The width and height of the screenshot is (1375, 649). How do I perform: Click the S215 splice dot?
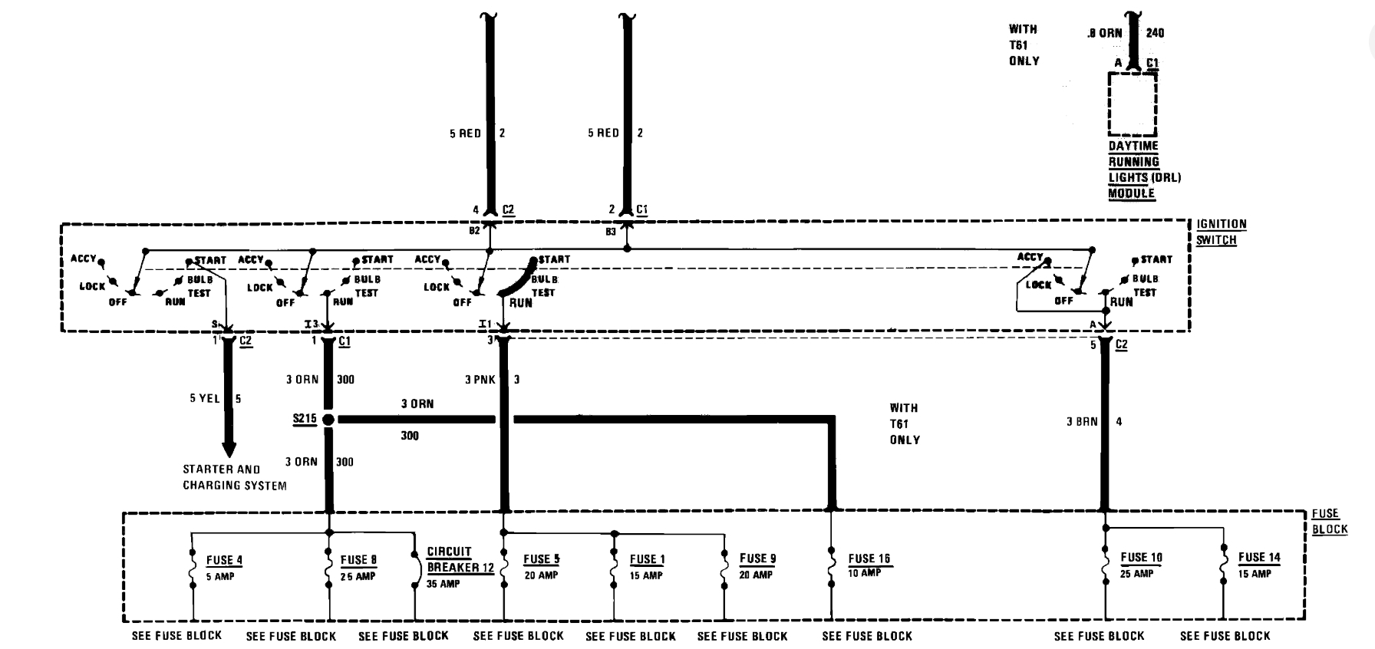pos(328,420)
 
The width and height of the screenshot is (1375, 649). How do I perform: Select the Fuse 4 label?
pos(223,561)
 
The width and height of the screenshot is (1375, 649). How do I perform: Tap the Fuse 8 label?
pos(358,561)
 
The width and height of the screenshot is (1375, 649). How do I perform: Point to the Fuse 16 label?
pos(869,559)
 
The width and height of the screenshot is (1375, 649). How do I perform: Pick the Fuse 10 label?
pos(1141,558)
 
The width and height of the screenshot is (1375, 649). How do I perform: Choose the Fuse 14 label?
pos(1258,558)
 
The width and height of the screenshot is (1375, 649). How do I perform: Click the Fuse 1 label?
pos(647,559)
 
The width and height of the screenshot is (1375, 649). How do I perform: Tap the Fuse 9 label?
pos(757,558)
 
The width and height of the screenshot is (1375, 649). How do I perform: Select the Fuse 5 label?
pos(541,559)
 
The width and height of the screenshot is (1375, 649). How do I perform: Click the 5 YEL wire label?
pos(205,399)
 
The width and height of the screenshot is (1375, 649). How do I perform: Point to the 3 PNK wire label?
pos(480,380)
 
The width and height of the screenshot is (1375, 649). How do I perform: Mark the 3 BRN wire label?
pos(1082,422)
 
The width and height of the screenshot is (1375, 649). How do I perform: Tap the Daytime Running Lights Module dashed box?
pos(1132,104)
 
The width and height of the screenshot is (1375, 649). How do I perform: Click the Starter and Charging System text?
pos(234,477)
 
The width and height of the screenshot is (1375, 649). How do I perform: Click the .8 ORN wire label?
pos(1104,33)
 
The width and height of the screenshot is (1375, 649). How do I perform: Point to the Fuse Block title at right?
pos(1329,522)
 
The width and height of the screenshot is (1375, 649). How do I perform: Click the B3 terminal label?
pos(611,231)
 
